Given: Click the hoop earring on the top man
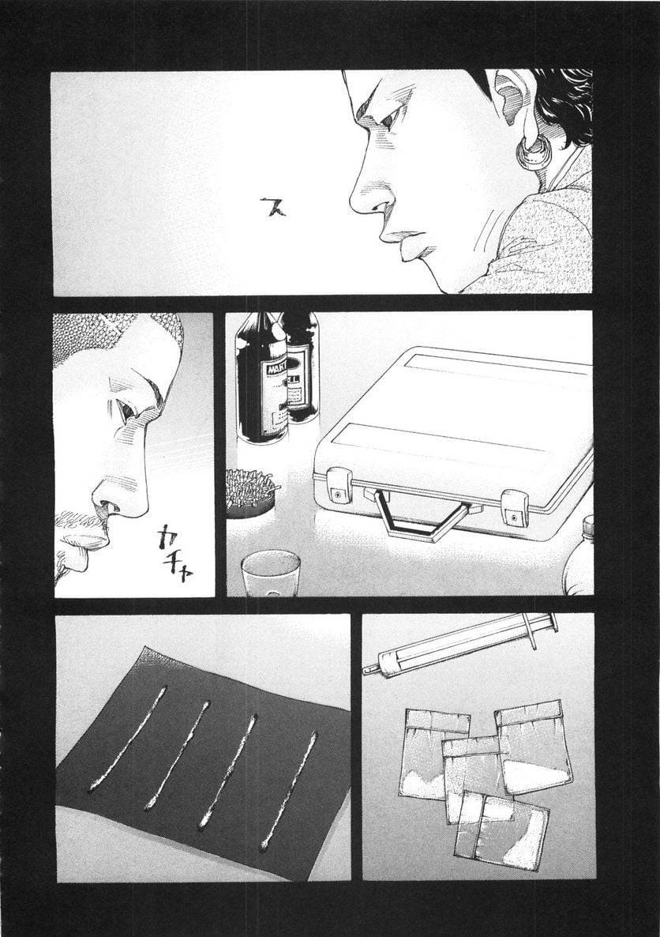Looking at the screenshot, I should coord(527,152).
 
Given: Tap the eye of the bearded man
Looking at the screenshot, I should coord(126,410).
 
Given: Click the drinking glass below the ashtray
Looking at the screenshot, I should coord(270,572).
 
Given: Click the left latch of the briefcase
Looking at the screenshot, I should coord(339,484).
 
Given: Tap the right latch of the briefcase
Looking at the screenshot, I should coord(515,507).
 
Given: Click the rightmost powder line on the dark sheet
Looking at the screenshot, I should coord(288,790).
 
